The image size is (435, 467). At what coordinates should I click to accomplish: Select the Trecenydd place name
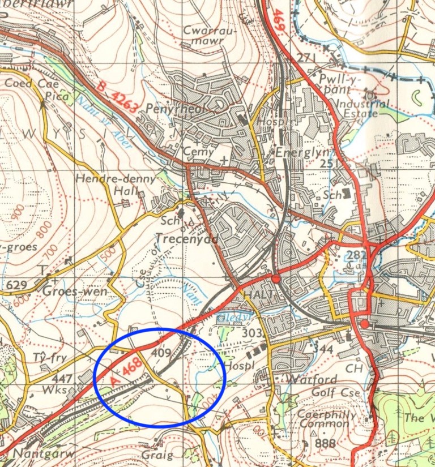(x=191, y=239)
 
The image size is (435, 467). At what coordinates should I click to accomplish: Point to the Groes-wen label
(x=69, y=293)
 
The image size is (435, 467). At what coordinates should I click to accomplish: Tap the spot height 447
(x=63, y=378)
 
